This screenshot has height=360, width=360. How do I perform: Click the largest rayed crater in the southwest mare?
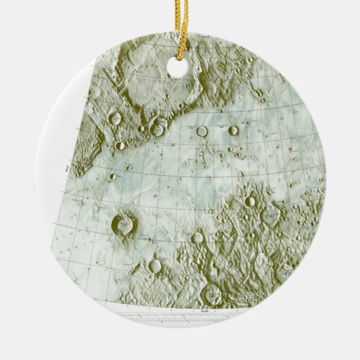coord(124,225)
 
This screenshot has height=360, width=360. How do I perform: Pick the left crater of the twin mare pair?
coord(202,131)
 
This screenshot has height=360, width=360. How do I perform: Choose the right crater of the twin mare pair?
coord(233,131)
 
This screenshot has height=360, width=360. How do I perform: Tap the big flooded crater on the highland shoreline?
coord(157,129)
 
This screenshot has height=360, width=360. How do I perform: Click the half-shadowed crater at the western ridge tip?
coord(120,146)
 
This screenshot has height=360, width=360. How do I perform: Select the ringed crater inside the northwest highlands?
coord(117,119)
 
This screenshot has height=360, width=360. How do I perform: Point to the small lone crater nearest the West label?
coord(113,177)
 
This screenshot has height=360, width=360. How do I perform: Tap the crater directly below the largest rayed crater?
coord(155,266)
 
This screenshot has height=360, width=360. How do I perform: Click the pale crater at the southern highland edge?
coord(197,238)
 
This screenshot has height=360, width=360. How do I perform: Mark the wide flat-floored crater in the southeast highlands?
coord(271,216)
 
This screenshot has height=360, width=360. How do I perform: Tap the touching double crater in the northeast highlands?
coord(259,93)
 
